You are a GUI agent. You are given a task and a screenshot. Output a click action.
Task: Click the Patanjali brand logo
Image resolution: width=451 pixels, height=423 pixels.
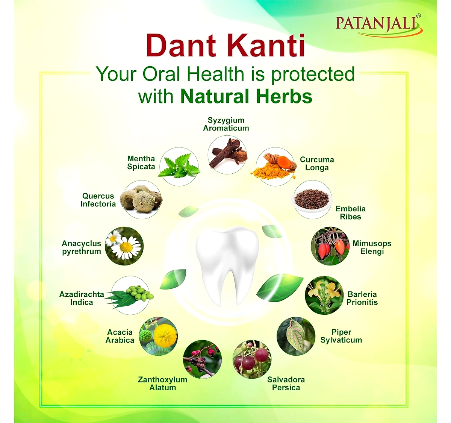[378, 25]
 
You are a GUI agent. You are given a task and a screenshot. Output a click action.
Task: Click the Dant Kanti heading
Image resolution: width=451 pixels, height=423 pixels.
[225, 46]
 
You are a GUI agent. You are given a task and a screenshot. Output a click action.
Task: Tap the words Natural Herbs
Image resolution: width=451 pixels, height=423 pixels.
[247, 96]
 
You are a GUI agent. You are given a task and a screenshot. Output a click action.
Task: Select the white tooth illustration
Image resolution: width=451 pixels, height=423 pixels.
[227, 265]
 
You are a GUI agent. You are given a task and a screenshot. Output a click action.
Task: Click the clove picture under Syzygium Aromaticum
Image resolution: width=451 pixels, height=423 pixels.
[227, 155]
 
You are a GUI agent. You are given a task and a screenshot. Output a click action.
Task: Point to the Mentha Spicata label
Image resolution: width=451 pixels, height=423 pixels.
[141, 162]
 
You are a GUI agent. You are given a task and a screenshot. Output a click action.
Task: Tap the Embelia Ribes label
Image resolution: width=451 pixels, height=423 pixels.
[350, 212]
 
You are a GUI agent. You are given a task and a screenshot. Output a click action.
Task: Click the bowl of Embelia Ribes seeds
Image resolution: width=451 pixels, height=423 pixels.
[312, 200]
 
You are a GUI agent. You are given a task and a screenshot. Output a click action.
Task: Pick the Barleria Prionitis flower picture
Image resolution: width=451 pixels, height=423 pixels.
[324, 295]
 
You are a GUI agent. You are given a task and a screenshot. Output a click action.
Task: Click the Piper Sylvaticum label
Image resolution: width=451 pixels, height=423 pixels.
[341, 336]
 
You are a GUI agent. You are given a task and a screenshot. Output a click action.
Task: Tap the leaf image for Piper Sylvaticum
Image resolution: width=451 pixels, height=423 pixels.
[296, 336]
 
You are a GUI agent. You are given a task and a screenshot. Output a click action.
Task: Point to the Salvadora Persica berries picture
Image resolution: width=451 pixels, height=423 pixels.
[252, 359]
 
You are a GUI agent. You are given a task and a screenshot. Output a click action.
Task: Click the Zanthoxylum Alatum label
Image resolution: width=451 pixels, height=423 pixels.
[163, 384]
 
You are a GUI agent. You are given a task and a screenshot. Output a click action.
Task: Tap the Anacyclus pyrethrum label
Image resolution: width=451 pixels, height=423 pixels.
[82, 247]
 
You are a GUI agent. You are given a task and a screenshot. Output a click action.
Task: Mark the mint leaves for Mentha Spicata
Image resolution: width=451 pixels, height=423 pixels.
[179, 167]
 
